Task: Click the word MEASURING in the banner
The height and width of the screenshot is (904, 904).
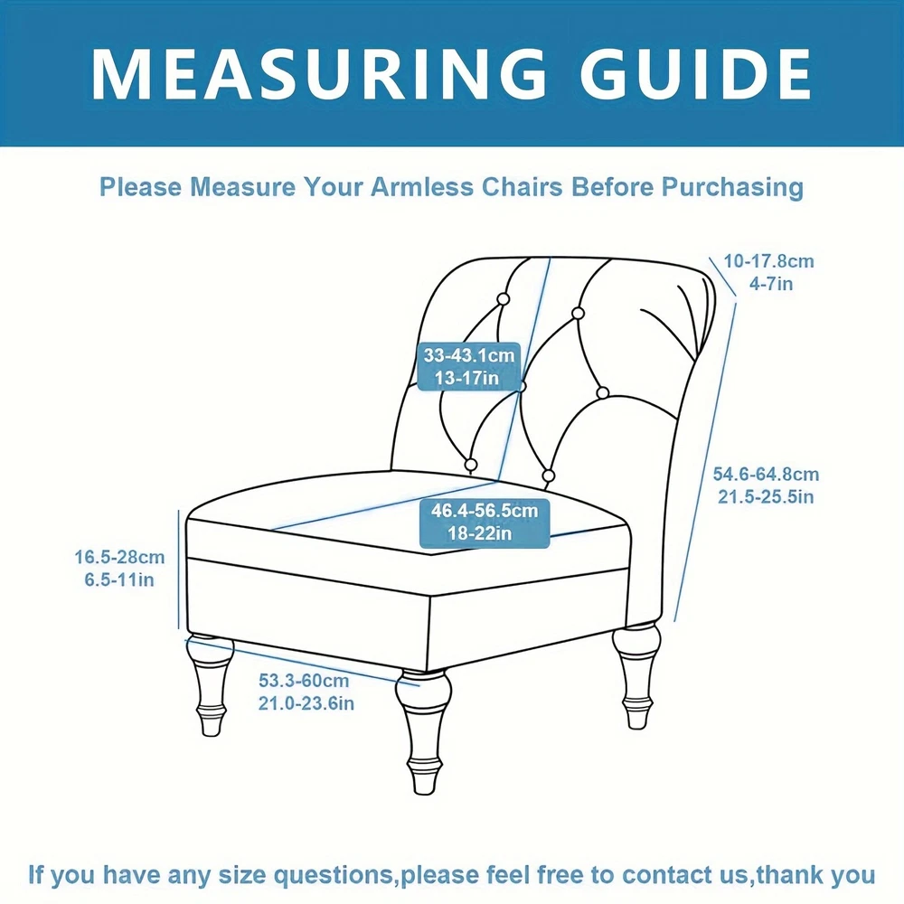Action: (318, 74)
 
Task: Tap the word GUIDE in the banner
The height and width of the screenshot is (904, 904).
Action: (695, 74)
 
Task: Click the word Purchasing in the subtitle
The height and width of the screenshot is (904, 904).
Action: (732, 187)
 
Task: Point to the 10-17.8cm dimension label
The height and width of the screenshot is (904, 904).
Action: (768, 261)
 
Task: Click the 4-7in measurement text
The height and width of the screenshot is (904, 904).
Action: (771, 284)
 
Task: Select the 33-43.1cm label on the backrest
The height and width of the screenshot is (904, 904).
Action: (468, 355)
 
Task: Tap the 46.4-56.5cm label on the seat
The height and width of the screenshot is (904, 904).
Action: (485, 510)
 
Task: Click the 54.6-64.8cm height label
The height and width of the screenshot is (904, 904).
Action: (766, 475)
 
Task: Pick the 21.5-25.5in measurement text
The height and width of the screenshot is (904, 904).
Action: (766, 497)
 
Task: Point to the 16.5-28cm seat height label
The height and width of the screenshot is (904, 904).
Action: (119, 558)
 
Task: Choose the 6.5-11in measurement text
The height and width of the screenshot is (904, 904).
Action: (119, 579)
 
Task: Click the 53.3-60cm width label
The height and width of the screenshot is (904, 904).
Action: (304, 681)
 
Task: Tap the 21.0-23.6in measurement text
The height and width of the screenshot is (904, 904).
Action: (306, 703)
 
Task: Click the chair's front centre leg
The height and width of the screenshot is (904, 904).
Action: (424, 732)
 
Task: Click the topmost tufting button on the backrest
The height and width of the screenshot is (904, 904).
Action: (503, 299)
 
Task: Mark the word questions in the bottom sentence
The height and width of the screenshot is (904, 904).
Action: (333, 876)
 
